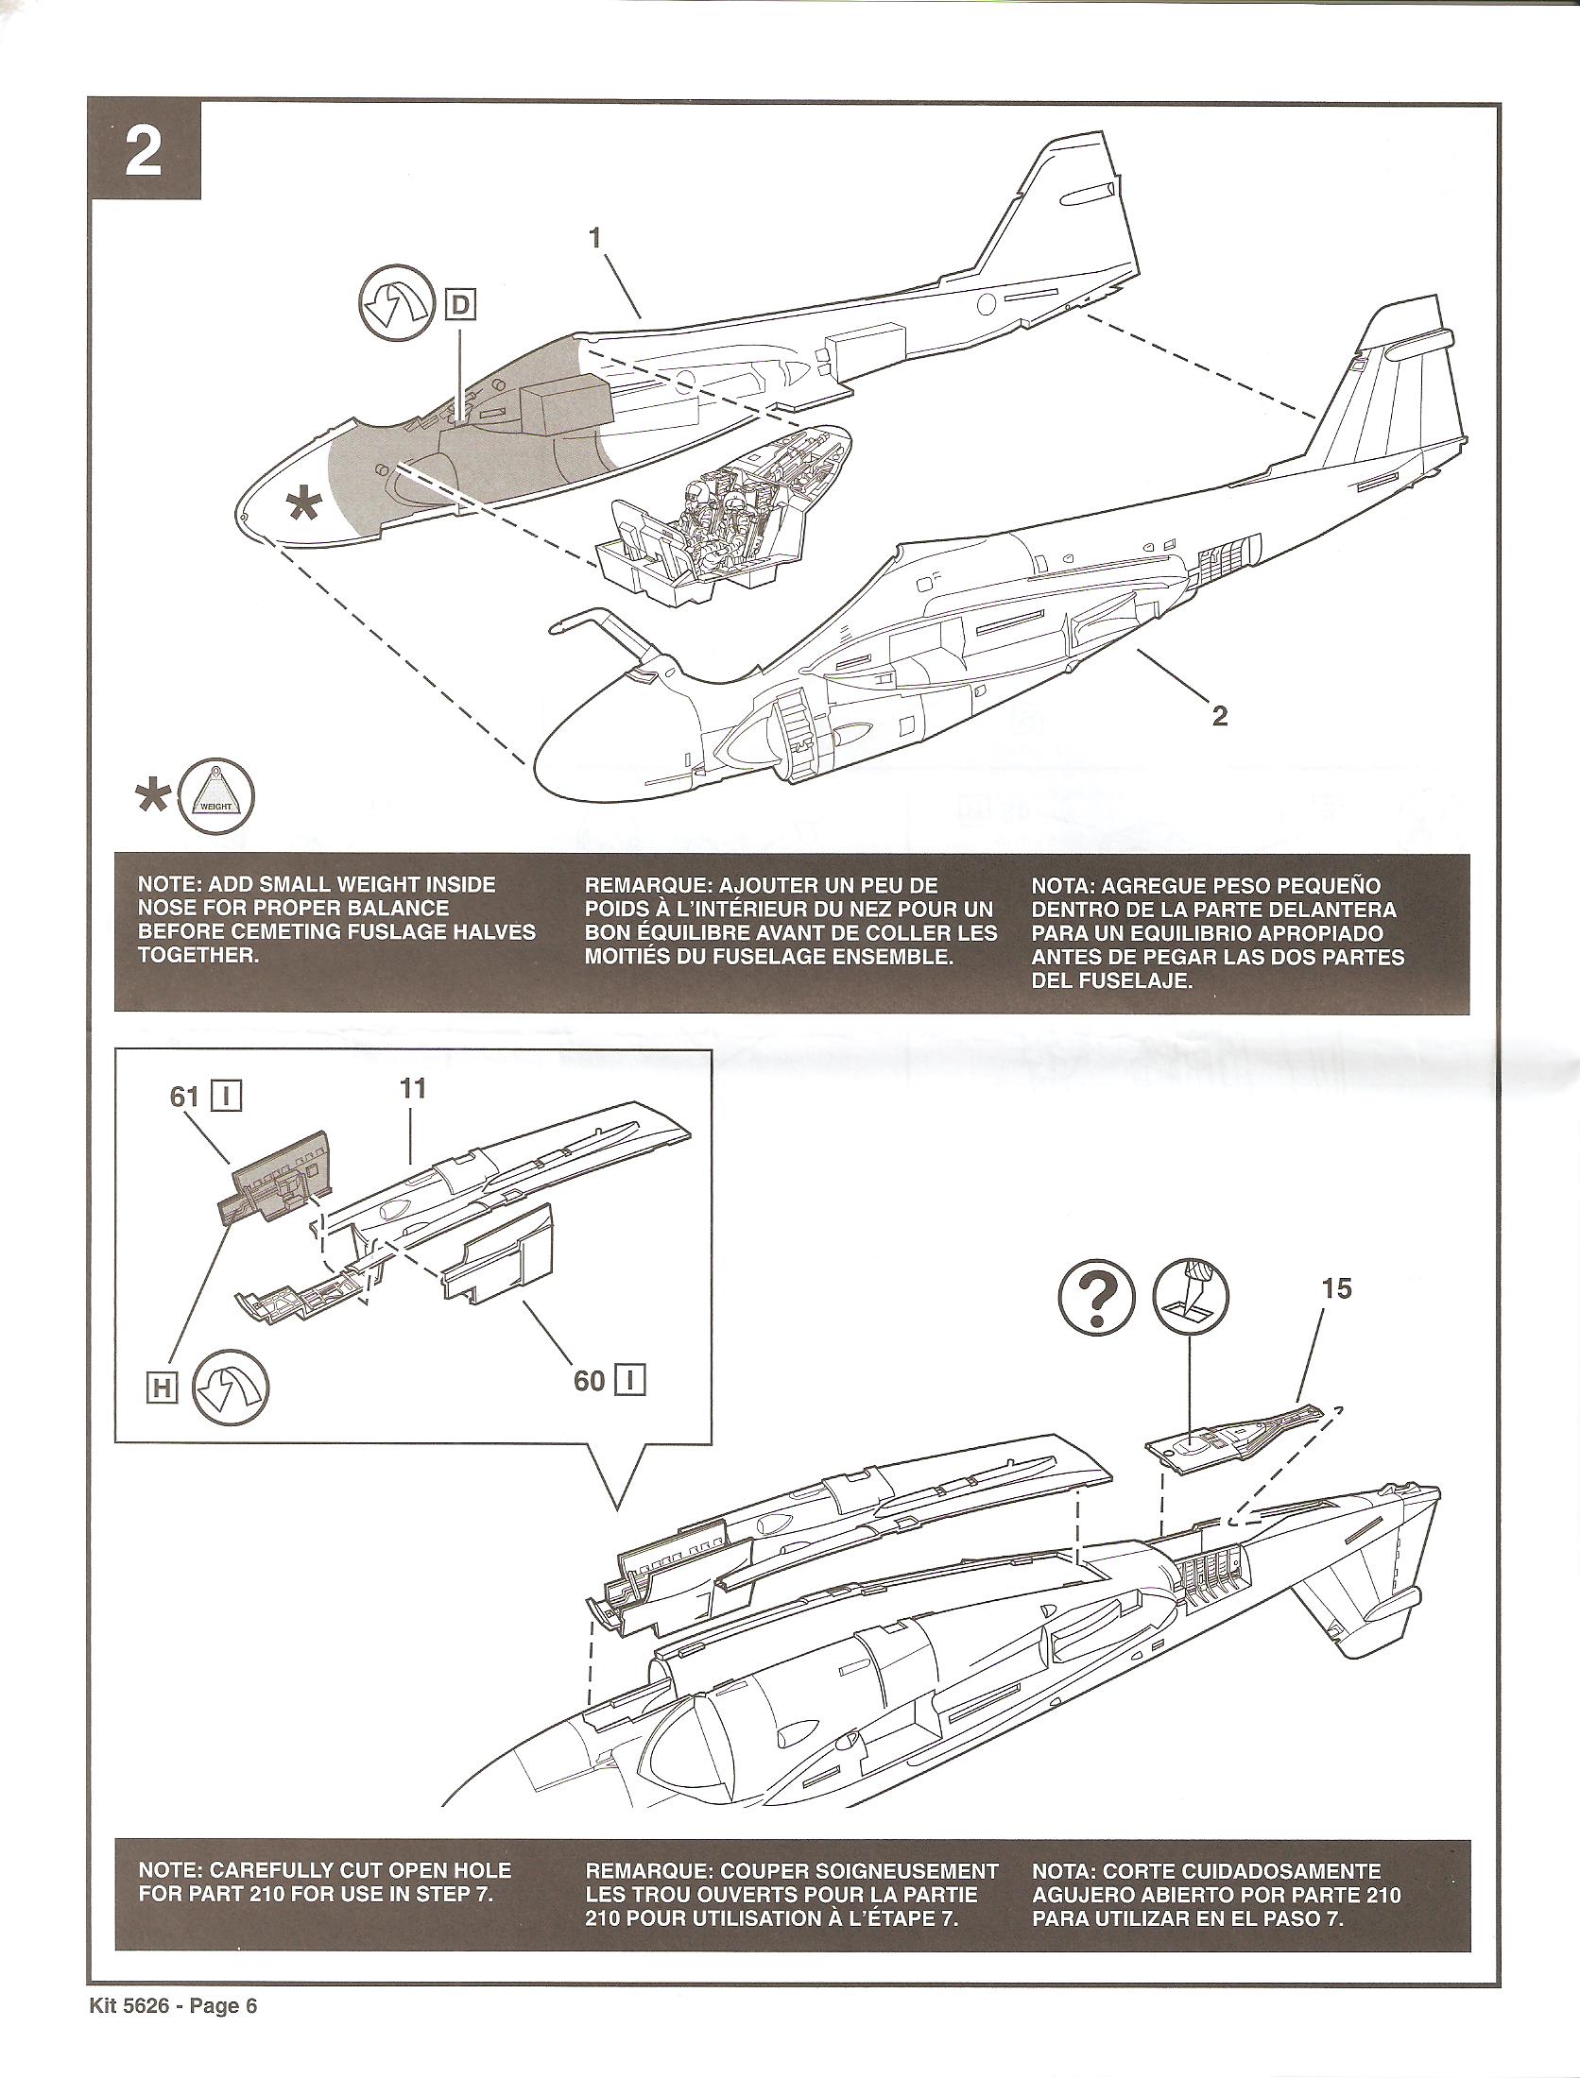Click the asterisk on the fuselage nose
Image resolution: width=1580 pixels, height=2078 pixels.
(x=303, y=506)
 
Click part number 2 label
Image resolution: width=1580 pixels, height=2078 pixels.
(x=1220, y=715)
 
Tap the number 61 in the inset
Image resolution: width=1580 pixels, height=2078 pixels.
(x=183, y=1098)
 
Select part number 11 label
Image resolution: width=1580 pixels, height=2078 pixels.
(x=413, y=1088)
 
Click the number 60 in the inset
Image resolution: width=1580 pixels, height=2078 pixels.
(x=589, y=1381)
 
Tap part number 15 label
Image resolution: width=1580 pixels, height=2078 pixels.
(x=1336, y=1288)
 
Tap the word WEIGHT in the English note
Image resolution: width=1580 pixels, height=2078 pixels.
(x=408, y=886)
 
